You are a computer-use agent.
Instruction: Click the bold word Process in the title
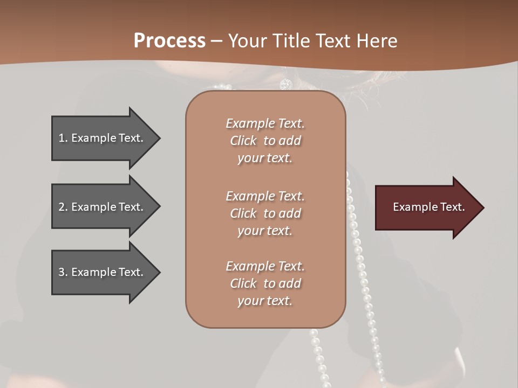[x=169, y=41]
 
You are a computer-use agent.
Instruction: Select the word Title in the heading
[x=292, y=41]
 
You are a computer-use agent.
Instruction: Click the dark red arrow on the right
[x=426, y=207]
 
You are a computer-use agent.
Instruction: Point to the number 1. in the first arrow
[x=63, y=138]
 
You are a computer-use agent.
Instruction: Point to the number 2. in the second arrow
[x=63, y=207]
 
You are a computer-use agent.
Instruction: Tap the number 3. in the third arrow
[x=63, y=272]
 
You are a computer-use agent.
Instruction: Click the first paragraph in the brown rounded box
[x=265, y=141]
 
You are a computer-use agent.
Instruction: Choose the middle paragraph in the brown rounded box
[x=265, y=213]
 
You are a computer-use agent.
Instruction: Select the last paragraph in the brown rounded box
[x=265, y=283]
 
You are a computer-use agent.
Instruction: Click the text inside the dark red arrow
[x=428, y=207]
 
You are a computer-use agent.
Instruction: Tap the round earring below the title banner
[x=285, y=84]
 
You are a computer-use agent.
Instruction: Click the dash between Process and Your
[x=216, y=41]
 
